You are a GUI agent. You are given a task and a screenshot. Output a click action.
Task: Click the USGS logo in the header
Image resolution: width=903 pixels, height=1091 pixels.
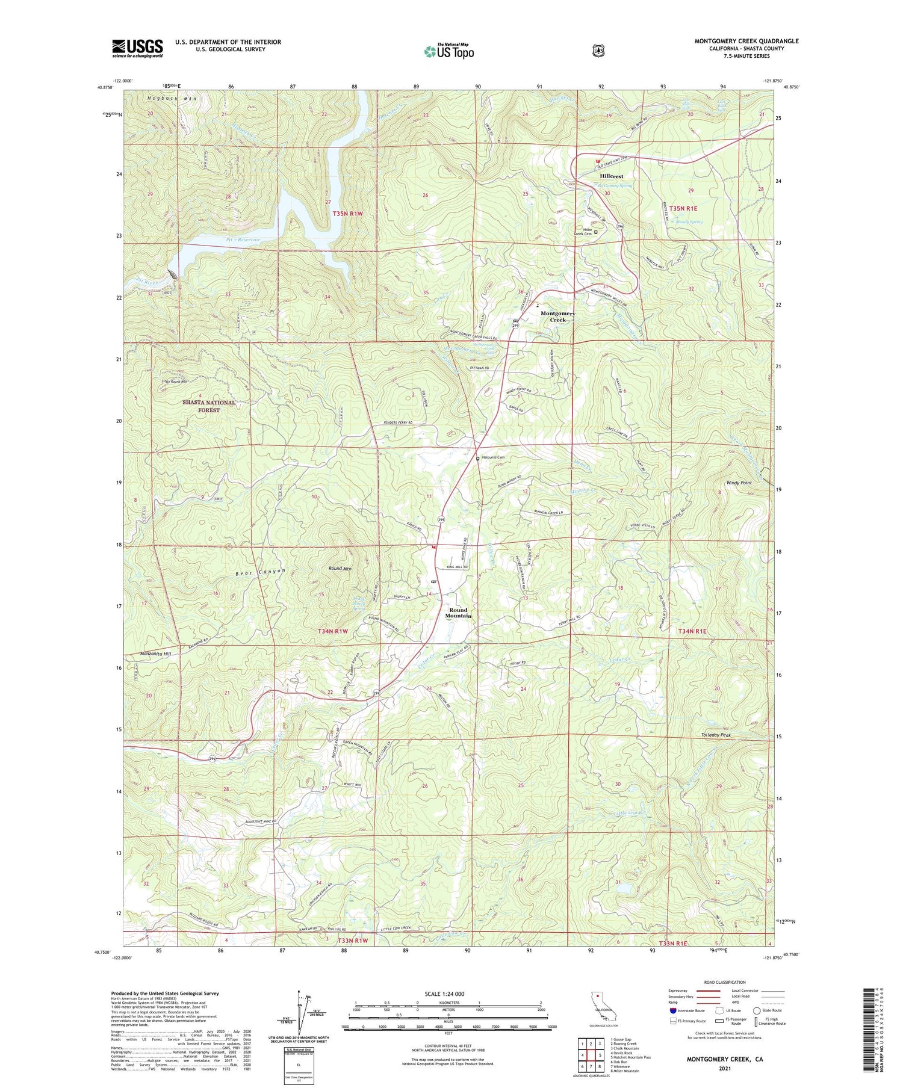(x=137, y=48)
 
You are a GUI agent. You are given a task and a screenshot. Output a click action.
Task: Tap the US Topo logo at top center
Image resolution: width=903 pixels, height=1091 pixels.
(x=449, y=52)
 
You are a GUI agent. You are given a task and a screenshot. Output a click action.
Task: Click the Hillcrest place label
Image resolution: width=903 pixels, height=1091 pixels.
(x=612, y=176)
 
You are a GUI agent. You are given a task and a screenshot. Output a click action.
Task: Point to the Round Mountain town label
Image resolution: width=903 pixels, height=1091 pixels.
(x=458, y=613)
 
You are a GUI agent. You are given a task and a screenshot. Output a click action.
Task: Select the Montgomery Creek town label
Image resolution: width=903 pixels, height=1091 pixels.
(x=557, y=317)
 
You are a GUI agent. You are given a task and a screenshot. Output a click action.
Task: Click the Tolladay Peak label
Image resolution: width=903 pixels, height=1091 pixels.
(x=716, y=735)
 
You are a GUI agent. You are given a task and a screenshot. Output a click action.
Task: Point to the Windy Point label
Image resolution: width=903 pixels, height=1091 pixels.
(x=739, y=483)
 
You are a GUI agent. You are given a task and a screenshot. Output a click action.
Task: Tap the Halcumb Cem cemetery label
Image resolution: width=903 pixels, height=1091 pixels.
(x=492, y=457)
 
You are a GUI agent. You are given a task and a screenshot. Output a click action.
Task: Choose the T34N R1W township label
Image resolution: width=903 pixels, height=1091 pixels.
(x=333, y=631)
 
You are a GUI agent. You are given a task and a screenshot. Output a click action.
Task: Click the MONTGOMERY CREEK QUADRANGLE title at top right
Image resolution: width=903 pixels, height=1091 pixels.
(x=746, y=41)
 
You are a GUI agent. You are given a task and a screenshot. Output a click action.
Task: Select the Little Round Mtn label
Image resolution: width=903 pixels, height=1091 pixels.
(x=175, y=381)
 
